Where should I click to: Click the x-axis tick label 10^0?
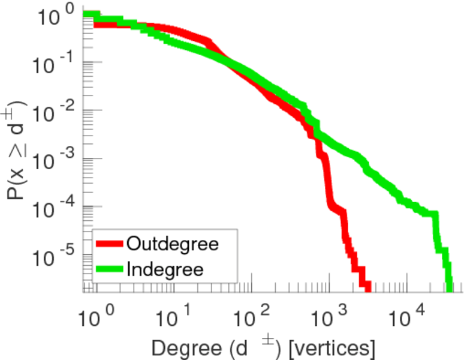point(96,313)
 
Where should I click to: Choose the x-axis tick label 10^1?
point(175,313)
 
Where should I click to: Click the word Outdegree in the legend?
point(173,244)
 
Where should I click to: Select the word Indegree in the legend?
point(165,269)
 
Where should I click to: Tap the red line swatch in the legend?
point(110,245)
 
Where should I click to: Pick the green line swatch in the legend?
point(110,269)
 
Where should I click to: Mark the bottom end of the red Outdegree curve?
point(364,287)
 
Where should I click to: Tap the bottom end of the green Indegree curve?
point(449,287)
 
